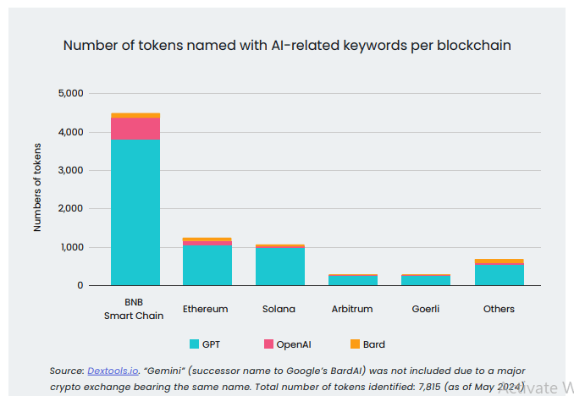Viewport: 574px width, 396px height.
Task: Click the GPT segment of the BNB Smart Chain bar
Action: [x=135, y=212]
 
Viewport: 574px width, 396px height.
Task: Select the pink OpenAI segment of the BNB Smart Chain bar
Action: [x=135, y=129]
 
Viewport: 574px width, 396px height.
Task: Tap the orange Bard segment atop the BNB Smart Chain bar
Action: [x=135, y=115]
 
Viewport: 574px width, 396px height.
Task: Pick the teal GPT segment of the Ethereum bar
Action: [x=207, y=265]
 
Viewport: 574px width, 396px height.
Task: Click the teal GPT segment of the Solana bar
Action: [x=280, y=267]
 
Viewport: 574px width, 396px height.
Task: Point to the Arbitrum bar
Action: [x=353, y=279]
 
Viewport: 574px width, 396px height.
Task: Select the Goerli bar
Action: [x=426, y=279]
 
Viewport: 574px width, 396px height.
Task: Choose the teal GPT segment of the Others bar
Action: [x=499, y=275]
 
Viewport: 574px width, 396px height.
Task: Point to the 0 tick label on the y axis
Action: [x=80, y=285]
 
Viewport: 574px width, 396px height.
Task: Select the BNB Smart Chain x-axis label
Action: [x=135, y=309]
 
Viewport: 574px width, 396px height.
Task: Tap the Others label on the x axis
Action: [x=499, y=309]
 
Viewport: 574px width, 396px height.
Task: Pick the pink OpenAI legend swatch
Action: [x=269, y=344]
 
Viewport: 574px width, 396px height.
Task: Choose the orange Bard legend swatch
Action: [x=356, y=344]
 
